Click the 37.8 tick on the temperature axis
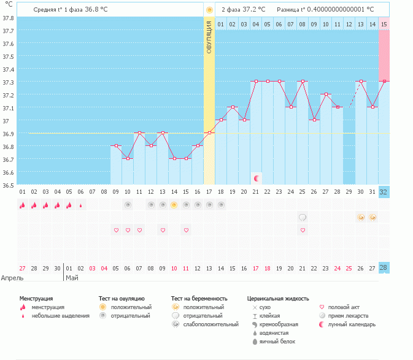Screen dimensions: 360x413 tap(9, 17)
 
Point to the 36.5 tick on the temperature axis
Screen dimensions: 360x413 tap(9, 185)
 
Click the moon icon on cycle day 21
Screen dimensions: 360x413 tap(257, 178)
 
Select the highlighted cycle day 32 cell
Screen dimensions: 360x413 tap(384, 192)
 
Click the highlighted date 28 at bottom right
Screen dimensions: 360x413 tap(384, 268)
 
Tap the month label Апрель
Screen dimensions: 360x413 tap(12, 278)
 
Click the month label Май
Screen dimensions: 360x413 tap(72, 278)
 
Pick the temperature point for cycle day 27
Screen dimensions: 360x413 tap(326, 94)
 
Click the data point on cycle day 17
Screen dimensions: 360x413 tap(209, 132)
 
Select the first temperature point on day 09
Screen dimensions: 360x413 tap(116, 146)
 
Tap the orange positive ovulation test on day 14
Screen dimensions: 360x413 tap(174, 205)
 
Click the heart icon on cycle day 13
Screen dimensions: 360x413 tap(163, 230)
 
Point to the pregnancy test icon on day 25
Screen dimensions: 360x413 tap(303, 217)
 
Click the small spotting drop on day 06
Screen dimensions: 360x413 tap(81, 205)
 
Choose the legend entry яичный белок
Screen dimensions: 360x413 tap(277, 341)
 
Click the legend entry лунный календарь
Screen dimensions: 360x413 tap(351, 324)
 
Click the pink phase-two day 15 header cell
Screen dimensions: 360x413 tap(384, 24)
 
